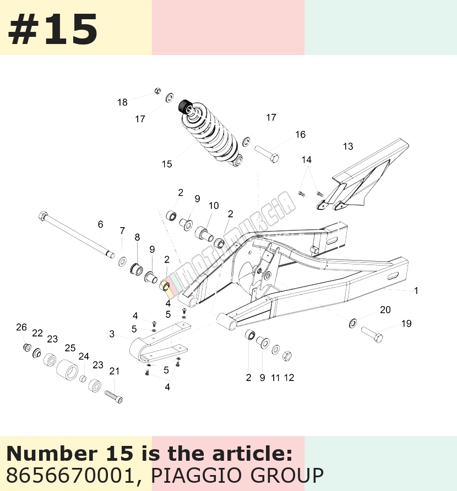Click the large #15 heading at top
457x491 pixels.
(x=53, y=30)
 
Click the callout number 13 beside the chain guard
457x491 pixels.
(x=348, y=146)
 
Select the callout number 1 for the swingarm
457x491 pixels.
(x=416, y=291)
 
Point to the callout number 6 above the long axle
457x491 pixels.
(x=100, y=224)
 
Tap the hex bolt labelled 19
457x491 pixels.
(x=372, y=334)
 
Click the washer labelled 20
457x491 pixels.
(x=353, y=323)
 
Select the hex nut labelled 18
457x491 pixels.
(x=158, y=91)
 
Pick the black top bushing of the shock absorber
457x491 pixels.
(x=186, y=106)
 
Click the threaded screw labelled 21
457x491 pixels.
(x=113, y=396)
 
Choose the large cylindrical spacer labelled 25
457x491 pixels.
(x=67, y=370)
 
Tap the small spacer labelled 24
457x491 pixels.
(x=83, y=379)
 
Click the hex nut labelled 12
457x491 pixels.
(x=287, y=356)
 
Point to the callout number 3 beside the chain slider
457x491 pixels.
(x=112, y=334)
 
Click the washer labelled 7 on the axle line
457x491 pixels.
(x=122, y=261)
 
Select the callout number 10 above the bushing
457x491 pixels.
(x=214, y=206)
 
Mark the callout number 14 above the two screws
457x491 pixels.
(x=307, y=159)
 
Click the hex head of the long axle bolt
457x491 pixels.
(x=42, y=216)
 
